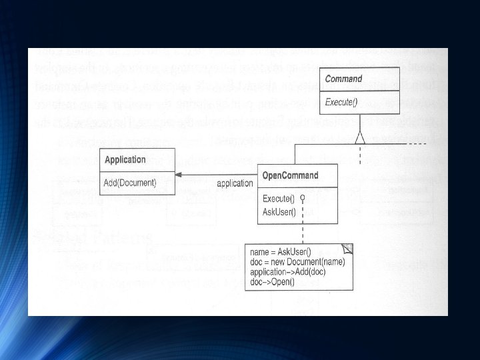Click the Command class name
click(343, 79)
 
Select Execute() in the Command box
click(341, 102)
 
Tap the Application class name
click(125, 160)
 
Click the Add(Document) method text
click(130, 183)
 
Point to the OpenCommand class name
click(290, 176)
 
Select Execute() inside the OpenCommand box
click(279, 199)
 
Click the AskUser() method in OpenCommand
click(279, 212)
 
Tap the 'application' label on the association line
click(235, 183)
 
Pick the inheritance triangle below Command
click(360, 137)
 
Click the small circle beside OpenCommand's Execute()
click(302, 198)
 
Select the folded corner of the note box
click(347, 249)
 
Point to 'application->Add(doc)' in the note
click(287, 272)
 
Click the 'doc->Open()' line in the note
click(271, 281)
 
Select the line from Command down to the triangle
click(360, 121)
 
